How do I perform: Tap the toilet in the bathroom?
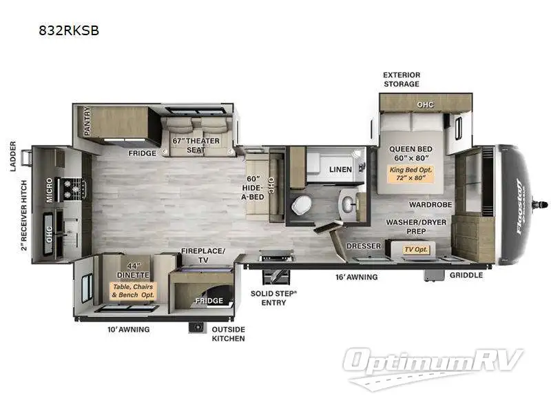302,204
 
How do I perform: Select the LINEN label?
340,169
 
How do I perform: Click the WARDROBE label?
430,205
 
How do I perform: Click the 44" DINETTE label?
134,268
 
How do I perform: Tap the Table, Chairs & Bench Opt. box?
134,290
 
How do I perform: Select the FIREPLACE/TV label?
203,255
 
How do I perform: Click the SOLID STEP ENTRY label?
273,297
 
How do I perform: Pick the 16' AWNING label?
357,277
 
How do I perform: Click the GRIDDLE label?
466,275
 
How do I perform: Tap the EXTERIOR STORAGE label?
402,79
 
